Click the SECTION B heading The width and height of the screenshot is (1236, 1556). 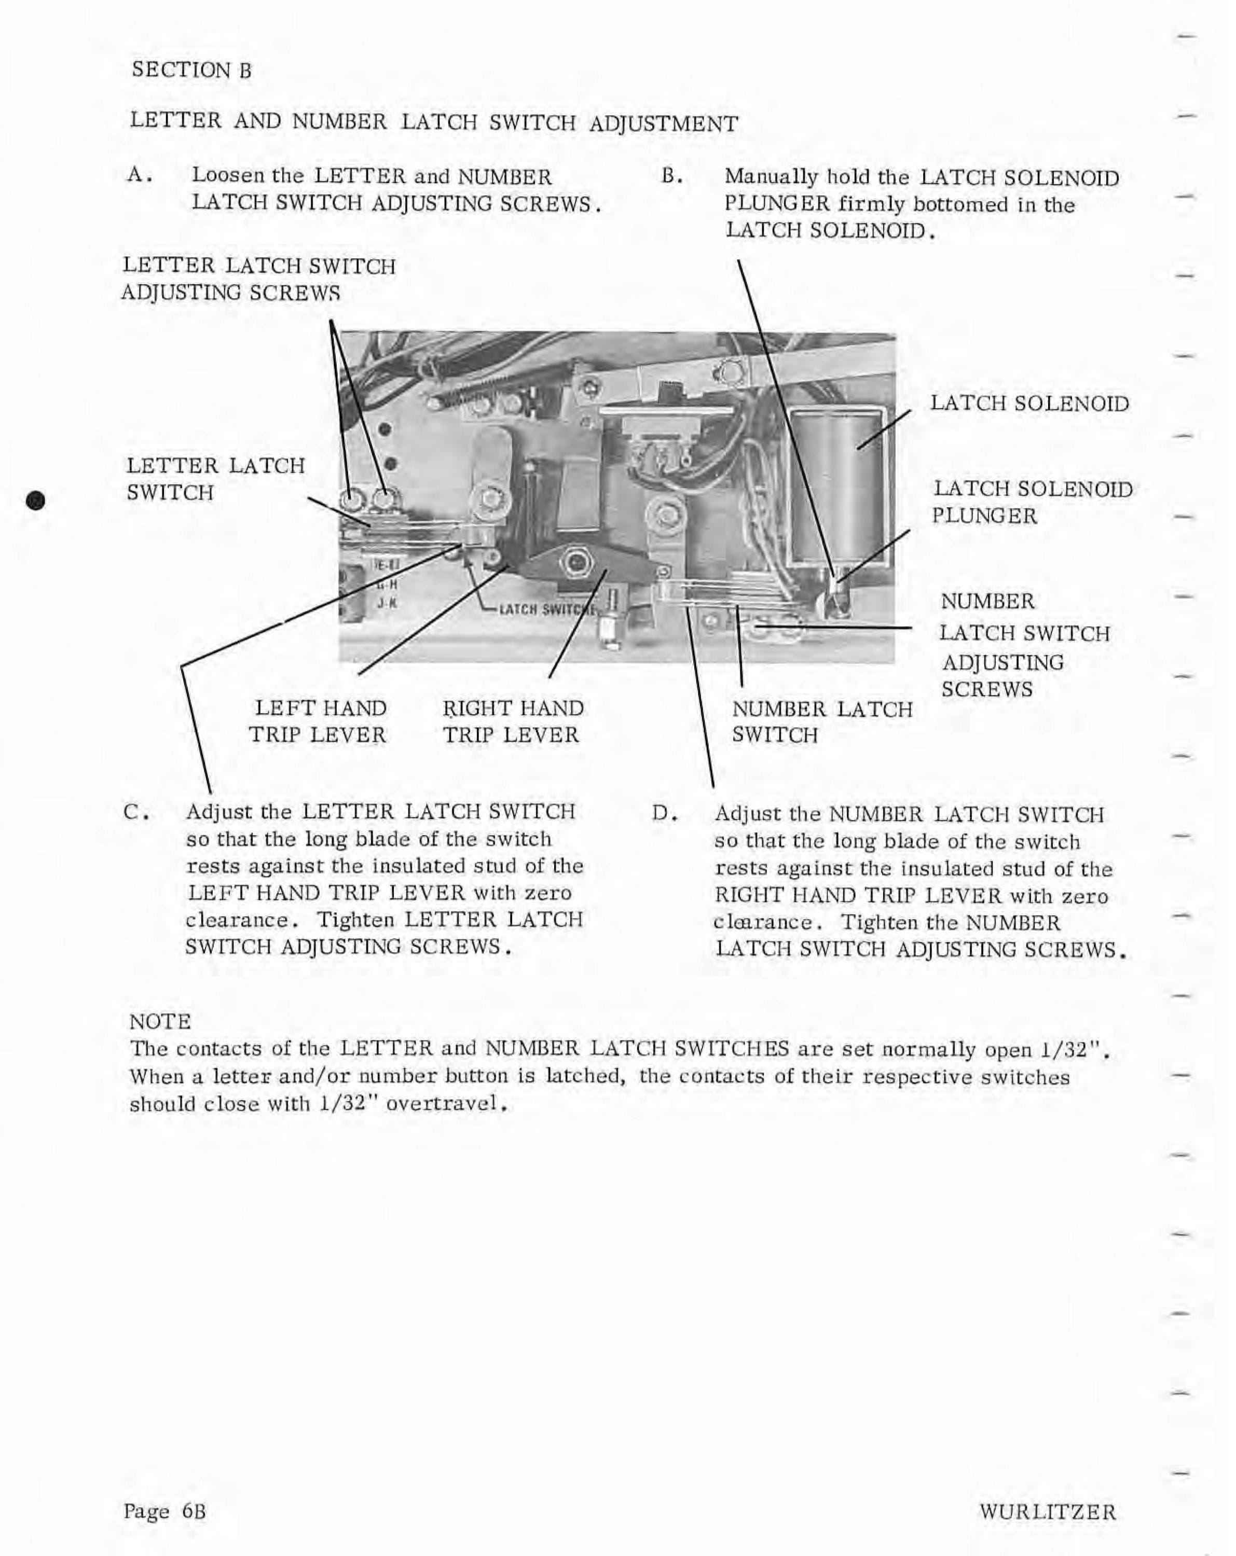[x=192, y=70]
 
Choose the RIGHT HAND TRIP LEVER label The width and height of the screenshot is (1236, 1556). [x=513, y=721]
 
